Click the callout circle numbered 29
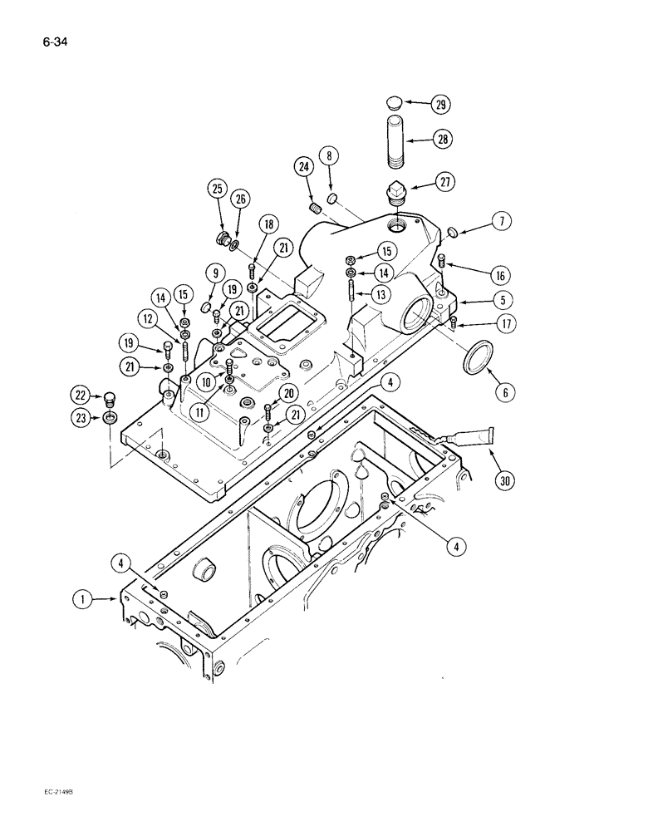click(x=439, y=105)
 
